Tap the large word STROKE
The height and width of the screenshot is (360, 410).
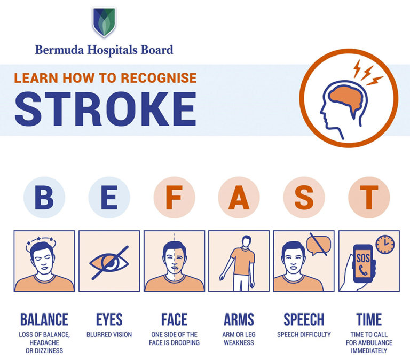click(x=105, y=108)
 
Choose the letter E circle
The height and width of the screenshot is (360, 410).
click(x=109, y=197)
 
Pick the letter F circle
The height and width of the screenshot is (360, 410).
click(x=174, y=197)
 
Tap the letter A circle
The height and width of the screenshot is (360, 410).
click(x=239, y=197)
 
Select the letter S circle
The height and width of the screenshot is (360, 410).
click(x=304, y=197)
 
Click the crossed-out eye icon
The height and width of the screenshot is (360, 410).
click(x=109, y=262)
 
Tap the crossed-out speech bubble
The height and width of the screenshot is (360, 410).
click(x=319, y=245)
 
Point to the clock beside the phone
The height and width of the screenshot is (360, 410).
click(x=384, y=245)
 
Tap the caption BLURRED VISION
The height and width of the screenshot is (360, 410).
click(x=109, y=335)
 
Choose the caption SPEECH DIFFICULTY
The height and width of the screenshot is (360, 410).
click(x=304, y=335)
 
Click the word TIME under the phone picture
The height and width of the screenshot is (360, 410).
click(x=369, y=319)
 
